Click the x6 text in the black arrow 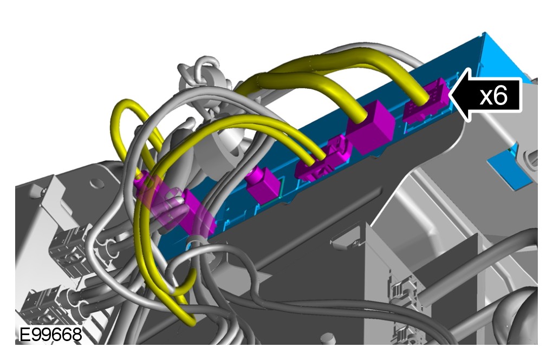pos(493,96)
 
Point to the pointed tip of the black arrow pos(450,95)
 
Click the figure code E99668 pos(50,335)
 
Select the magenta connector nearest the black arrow pos(426,102)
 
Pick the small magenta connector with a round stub pos(263,185)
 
